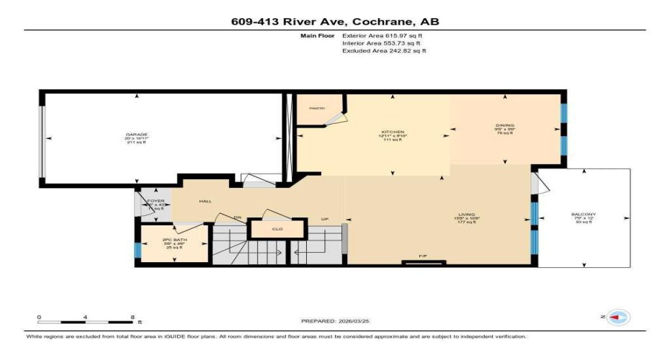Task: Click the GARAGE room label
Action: (x=137, y=135)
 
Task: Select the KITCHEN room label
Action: (x=393, y=132)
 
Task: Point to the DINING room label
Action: (x=504, y=126)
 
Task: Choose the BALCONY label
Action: (x=584, y=215)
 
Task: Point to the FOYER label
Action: (x=156, y=201)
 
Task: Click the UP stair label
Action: (x=325, y=219)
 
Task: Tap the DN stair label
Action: (x=236, y=217)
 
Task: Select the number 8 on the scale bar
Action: (x=133, y=317)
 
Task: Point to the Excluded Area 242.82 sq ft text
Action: (x=384, y=51)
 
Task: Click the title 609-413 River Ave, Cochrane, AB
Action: (x=334, y=22)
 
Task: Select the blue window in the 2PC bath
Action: (x=136, y=250)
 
